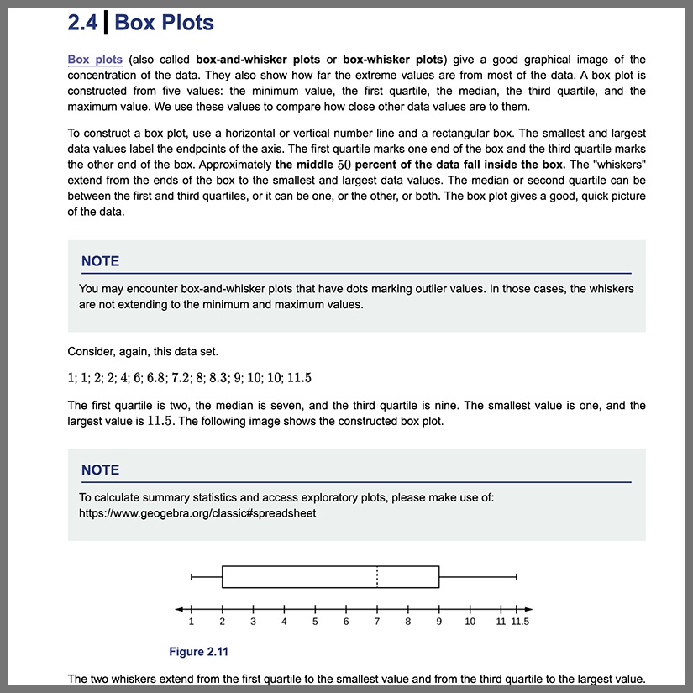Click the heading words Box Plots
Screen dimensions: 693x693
coord(164,23)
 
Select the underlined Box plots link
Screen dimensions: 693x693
coord(95,60)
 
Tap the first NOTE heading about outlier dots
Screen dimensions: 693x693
coord(100,261)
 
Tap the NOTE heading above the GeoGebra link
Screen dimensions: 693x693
coord(100,470)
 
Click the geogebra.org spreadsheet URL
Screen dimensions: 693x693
coord(197,512)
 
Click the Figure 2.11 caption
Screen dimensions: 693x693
coord(198,652)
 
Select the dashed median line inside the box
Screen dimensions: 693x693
coord(377,577)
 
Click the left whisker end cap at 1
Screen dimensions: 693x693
coord(192,577)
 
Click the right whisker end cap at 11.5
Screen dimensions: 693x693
coord(517,577)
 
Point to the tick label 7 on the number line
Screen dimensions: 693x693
coord(377,622)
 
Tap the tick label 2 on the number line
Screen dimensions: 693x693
coord(223,622)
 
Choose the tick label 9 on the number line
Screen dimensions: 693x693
coord(439,622)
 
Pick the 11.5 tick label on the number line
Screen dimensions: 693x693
coord(522,622)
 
